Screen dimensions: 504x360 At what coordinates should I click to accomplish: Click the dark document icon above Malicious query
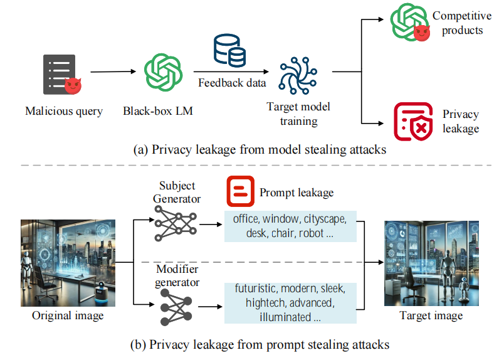(60, 74)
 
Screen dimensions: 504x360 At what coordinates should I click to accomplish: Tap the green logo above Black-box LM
(163, 72)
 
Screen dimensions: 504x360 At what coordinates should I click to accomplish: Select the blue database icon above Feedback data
(229, 50)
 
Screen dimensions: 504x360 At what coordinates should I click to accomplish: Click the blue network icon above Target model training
(298, 76)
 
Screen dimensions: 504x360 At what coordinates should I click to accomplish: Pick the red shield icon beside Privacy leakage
(413, 122)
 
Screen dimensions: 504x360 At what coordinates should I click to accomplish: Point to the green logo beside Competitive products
(408, 22)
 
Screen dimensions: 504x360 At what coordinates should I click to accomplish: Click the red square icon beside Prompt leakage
(241, 191)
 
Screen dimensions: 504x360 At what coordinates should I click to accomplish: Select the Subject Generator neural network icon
(176, 224)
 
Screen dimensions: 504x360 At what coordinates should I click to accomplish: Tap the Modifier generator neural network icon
(176, 307)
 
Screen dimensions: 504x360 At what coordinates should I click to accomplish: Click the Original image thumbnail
(68, 263)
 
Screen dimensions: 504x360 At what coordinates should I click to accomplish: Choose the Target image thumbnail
(431, 263)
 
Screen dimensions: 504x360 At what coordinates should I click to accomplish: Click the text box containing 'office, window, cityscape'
(290, 226)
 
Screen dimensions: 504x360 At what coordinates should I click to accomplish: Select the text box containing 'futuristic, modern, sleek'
(290, 303)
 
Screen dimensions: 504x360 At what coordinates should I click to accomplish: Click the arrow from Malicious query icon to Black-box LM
(113, 71)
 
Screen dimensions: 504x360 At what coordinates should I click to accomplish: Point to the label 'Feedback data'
(232, 83)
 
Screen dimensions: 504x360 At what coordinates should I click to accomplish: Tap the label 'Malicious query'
(64, 111)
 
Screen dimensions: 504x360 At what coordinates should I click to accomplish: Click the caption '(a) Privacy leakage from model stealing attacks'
(260, 150)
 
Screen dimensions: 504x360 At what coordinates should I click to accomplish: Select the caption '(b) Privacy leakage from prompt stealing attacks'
(260, 344)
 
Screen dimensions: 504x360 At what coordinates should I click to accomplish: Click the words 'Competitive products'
(462, 23)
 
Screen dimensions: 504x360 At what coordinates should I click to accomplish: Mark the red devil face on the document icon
(73, 86)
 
